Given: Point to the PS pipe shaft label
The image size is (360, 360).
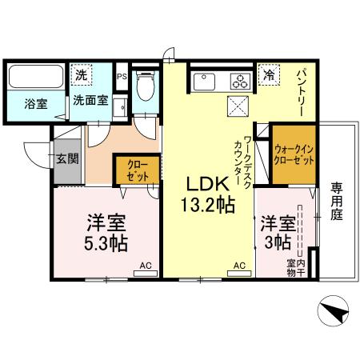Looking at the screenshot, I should pos(122,77).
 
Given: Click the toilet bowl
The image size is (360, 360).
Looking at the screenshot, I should pos(146,88).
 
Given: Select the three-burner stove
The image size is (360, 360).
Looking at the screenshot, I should pos(240,80).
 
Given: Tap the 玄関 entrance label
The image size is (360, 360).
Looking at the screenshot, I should pos(67,158).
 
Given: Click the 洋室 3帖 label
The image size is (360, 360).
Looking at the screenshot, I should pos(275,230).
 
